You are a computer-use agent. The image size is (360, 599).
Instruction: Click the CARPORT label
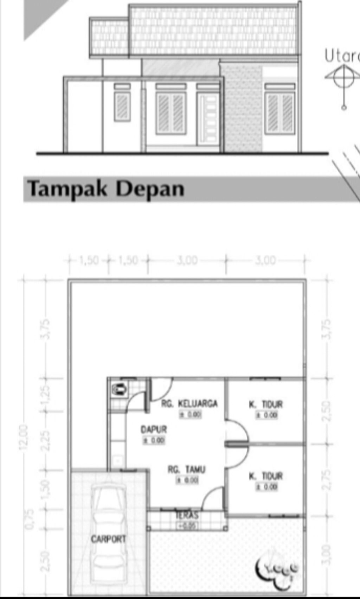coord(108,539)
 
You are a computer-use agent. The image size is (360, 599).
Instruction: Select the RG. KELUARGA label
coord(189,403)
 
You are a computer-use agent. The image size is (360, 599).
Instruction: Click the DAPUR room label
coord(154,429)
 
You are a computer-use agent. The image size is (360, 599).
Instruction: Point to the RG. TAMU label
coord(186,470)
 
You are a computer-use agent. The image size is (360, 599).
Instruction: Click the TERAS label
coord(187,516)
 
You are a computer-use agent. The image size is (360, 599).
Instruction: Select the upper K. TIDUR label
coord(266,404)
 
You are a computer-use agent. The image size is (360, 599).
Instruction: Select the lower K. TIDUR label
coord(266,476)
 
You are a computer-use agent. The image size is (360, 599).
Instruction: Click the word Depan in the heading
coord(150,189)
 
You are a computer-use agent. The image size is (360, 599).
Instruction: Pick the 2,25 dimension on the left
coord(46,440)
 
